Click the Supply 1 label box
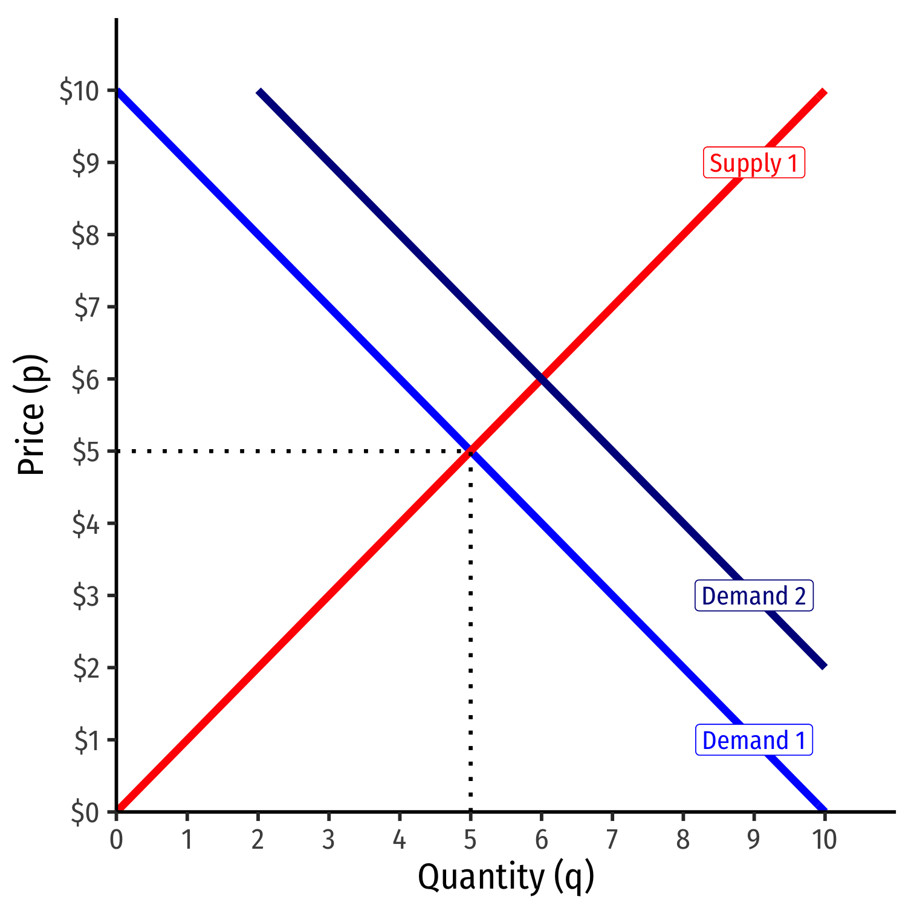click(754, 163)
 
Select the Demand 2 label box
click(754, 596)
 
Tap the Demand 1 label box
click(754, 740)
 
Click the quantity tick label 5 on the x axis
click(470, 840)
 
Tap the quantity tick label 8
click(683, 840)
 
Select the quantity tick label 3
click(328, 840)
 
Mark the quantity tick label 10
click(824, 840)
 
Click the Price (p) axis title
click(31, 415)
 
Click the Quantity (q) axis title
click(506, 877)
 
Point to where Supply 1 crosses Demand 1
click(470, 451)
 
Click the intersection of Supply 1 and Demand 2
click(542, 379)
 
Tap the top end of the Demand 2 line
click(259, 91)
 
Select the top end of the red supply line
click(824, 92)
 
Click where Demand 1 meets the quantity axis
click(824, 811)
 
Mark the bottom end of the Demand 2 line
click(824, 667)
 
